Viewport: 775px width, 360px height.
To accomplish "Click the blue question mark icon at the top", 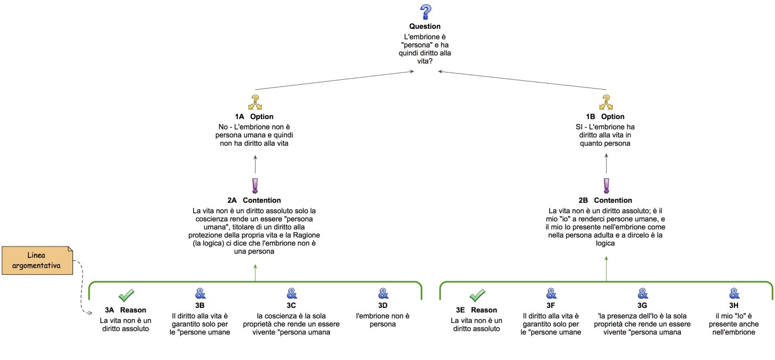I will coord(425,12).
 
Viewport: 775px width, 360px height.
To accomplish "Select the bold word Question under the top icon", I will coord(425,26).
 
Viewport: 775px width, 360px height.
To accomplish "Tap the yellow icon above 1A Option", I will coord(255,102).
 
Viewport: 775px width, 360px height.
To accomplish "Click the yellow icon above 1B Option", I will coord(606,102).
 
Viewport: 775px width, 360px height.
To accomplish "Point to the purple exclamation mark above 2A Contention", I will coord(255,186).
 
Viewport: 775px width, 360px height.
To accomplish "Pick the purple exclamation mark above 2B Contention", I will coord(606,186).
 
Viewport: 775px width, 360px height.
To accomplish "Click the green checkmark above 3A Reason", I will coord(127,295).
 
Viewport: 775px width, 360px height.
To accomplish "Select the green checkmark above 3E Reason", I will coord(477,295).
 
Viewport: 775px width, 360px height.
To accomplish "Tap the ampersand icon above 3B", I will coord(200,294).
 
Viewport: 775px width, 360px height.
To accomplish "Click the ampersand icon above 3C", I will coord(292,294).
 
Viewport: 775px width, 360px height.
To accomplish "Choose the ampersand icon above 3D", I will coord(383,294).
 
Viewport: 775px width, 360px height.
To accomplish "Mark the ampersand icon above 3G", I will coord(643,294).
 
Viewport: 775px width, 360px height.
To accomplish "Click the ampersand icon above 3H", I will coord(735,294).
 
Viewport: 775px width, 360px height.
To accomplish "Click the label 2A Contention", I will coord(255,200).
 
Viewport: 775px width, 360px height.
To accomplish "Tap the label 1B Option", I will coord(606,116).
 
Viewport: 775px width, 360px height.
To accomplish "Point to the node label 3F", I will coord(551,305).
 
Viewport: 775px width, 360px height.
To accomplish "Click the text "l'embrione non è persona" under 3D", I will coord(383,320).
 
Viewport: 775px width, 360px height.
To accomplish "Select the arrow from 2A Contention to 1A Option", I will coord(255,164).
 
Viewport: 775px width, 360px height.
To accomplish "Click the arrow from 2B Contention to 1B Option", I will coord(606,164).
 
